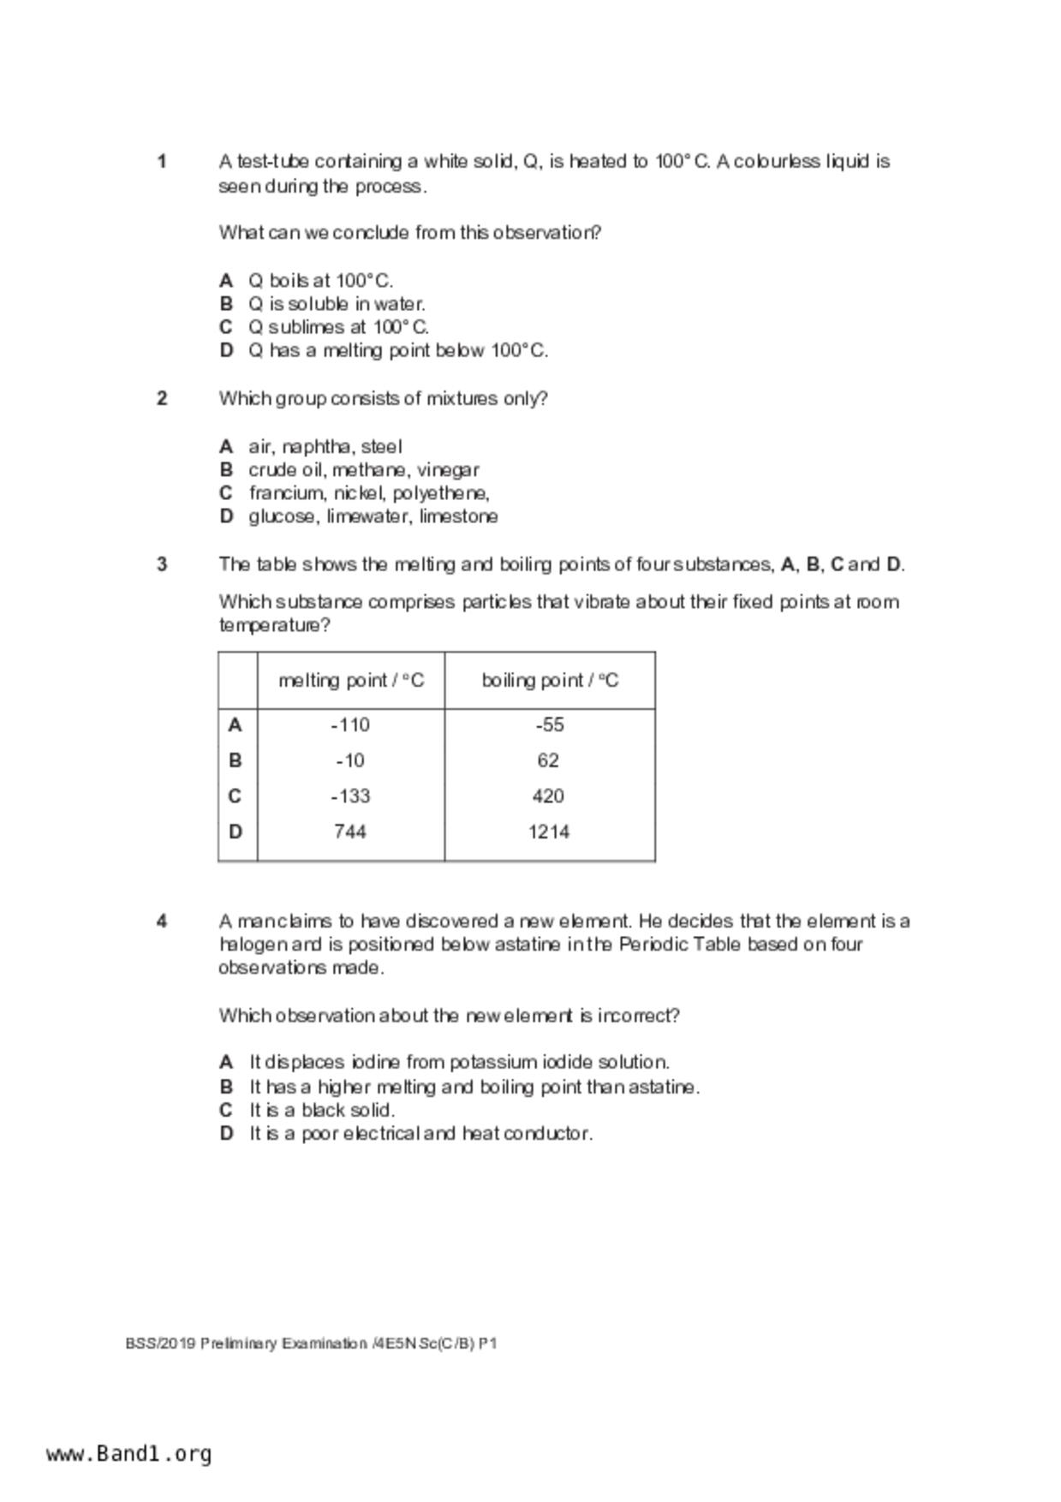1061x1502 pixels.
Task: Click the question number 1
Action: click(162, 162)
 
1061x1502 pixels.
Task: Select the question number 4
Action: click(162, 921)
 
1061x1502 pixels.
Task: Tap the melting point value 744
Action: click(350, 831)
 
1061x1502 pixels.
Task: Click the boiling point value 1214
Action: click(549, 831)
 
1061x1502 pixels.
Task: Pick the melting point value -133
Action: click(350, 796)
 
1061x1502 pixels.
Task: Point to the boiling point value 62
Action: click(548, 760)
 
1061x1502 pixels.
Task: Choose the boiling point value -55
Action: click(549, 725)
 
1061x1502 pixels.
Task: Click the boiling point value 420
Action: click(548, 796)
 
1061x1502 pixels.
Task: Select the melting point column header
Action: click(351, 681)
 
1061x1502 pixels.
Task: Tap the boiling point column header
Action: click(550, 681)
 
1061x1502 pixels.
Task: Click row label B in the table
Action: click(235, 760)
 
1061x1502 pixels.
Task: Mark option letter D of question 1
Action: click(226, 350)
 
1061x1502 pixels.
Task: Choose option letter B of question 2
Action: click(226, 470)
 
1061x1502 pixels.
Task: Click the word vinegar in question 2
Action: click(448, 470)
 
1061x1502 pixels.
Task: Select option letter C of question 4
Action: click(226, 1111)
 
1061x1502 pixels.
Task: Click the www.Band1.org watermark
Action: click(129, 1454)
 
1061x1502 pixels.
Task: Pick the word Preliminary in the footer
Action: click(238, 1344)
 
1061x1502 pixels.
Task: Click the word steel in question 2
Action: click(381, 447)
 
